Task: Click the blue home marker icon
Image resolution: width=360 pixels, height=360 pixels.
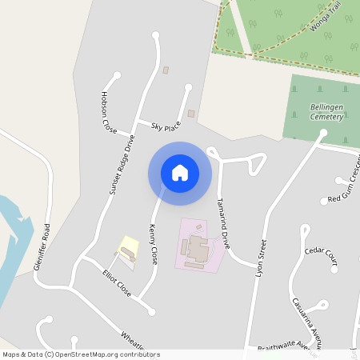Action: tap(180, 172)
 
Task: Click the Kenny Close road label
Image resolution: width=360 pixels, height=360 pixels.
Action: tap(153, 244)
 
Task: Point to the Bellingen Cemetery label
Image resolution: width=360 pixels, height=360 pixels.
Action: tap(326, 111)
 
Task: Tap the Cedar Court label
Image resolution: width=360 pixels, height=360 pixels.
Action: tap(322, 256)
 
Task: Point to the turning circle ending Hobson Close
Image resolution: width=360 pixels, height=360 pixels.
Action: tap(118, 76)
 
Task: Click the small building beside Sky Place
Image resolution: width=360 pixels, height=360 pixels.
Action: tap(191, 114)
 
